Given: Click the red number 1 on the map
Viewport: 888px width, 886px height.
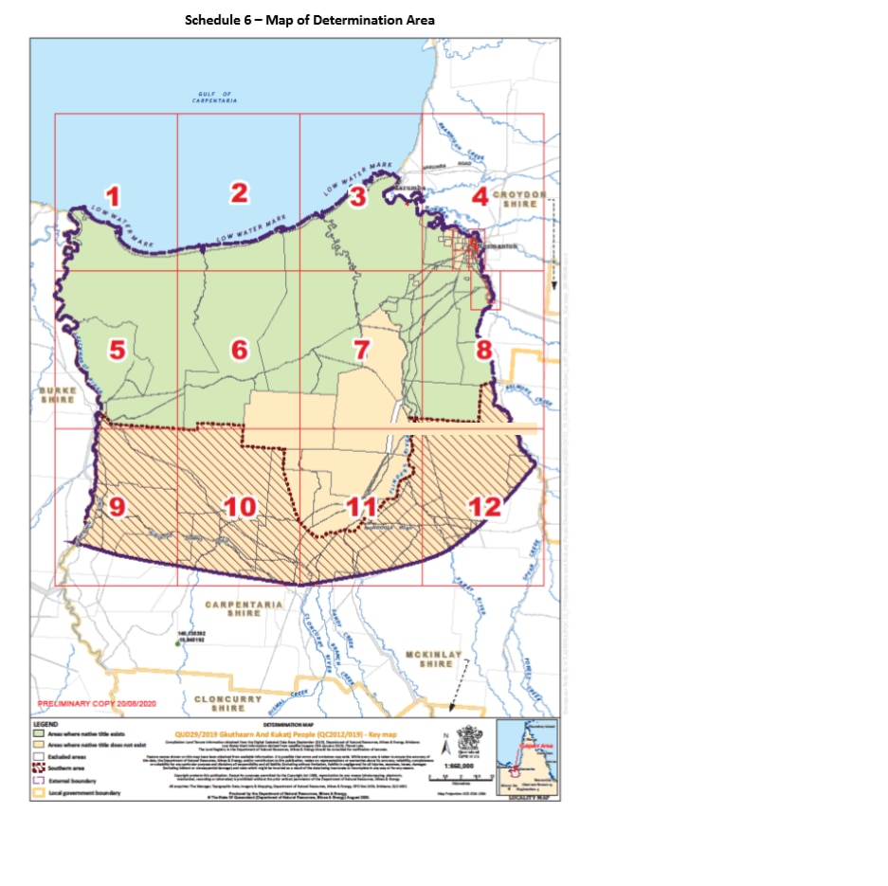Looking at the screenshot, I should [x=113, y=197].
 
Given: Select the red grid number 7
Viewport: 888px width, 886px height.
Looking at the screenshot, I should [x=360, y=349].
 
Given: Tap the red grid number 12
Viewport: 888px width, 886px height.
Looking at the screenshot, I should [x=484, y=506].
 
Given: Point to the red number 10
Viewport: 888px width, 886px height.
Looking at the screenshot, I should [x=241, y=506].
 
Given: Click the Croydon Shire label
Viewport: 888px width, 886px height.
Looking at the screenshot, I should [x=520, y=199].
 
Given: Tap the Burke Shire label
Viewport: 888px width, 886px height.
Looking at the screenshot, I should [x=57, y=394].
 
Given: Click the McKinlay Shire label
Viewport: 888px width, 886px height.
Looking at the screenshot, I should [x=436, y=659].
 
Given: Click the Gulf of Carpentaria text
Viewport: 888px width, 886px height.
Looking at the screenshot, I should [x=215, y=98].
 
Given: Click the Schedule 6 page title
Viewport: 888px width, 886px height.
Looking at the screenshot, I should [x=296, y=19].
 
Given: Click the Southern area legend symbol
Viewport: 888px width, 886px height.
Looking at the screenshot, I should [x=39, y=768].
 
